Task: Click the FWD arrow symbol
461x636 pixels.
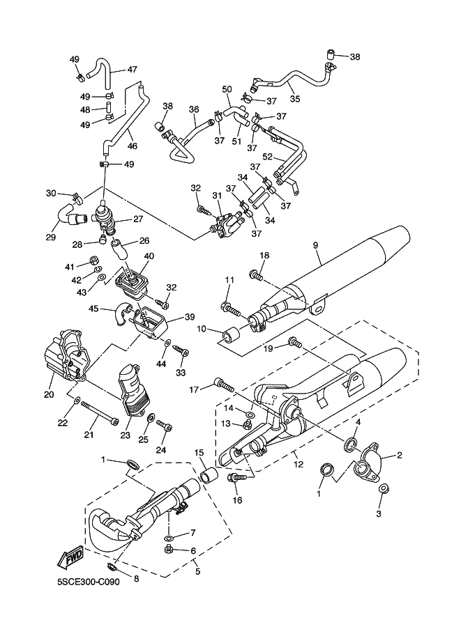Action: tap(71, 558)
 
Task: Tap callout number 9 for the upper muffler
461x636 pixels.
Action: tap(315, 245)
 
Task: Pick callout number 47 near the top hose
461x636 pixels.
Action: tap(132, 69)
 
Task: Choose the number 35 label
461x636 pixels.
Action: tap(294, 99)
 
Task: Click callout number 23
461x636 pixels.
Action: tap(126, 435)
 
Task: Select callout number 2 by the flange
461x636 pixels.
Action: tap(400, 456)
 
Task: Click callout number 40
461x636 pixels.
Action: tap(148, 256)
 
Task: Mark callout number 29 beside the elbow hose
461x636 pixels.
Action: tap(50, 238)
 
